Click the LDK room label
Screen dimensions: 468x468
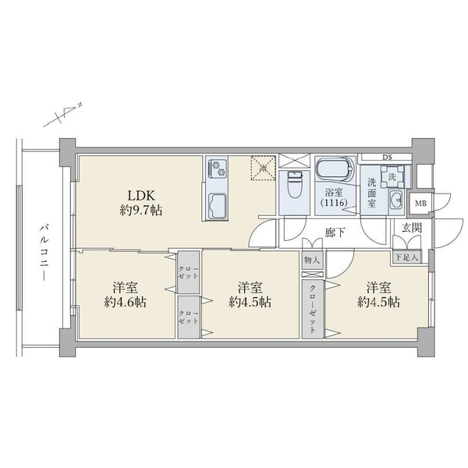(x=140, y=195)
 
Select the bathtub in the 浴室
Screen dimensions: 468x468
(x=335, y=171)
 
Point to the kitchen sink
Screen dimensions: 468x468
(x=216, y=205)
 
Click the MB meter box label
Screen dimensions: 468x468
(x=420, y=204)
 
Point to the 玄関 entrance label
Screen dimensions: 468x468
(x=411, y=228)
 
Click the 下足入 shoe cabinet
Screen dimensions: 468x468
(x=405, y=257)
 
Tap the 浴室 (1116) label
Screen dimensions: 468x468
(x=335, y=197)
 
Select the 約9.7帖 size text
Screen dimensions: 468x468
(x=140, y=211)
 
